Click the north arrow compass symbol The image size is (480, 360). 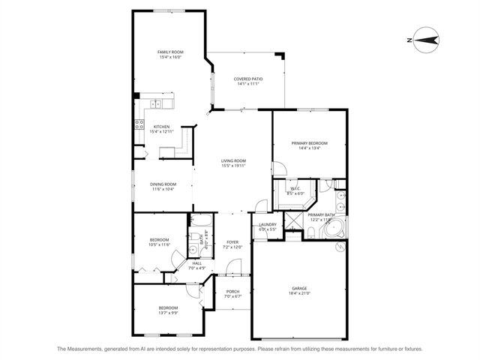[425, 40]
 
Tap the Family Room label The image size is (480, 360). [170, 52]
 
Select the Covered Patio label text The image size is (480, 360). [247, 78]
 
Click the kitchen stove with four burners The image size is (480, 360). [139, 125]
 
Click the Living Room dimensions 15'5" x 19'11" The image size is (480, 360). [233, 166]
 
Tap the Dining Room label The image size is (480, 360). [163, 184]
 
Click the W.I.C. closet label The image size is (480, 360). [295, 188]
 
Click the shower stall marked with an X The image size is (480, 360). [294, 218]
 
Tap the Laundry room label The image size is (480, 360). [268, 224]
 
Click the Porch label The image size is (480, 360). [232, 292]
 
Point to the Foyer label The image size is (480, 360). [232, 241]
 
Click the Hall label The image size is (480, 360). [196, 262]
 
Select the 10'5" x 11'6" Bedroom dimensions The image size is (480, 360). [160, 244]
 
